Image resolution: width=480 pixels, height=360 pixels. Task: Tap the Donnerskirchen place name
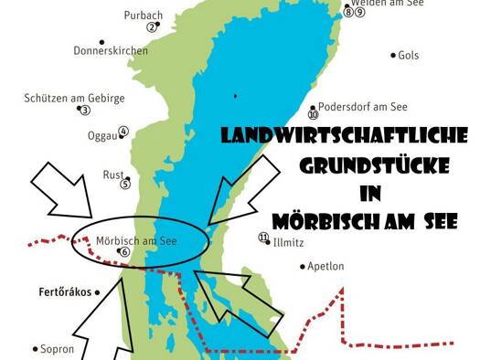(111, 50)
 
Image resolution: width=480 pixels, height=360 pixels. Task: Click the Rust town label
(113, 174)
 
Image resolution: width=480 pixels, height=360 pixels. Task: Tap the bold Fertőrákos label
(66, 292)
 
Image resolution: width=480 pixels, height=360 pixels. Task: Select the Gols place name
(408, 55)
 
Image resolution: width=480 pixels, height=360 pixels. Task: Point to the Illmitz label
(289, 243)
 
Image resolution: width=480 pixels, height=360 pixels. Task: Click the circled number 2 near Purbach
(152, 26)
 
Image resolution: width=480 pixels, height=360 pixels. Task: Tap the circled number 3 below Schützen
(84, 110)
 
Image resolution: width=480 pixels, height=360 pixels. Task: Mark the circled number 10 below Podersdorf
(313, 115)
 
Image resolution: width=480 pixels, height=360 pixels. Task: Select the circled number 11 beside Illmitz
(264, 238)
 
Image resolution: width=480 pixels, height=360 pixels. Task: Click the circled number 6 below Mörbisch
(125, 252)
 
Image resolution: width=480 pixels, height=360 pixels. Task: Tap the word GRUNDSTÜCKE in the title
(375, 165)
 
